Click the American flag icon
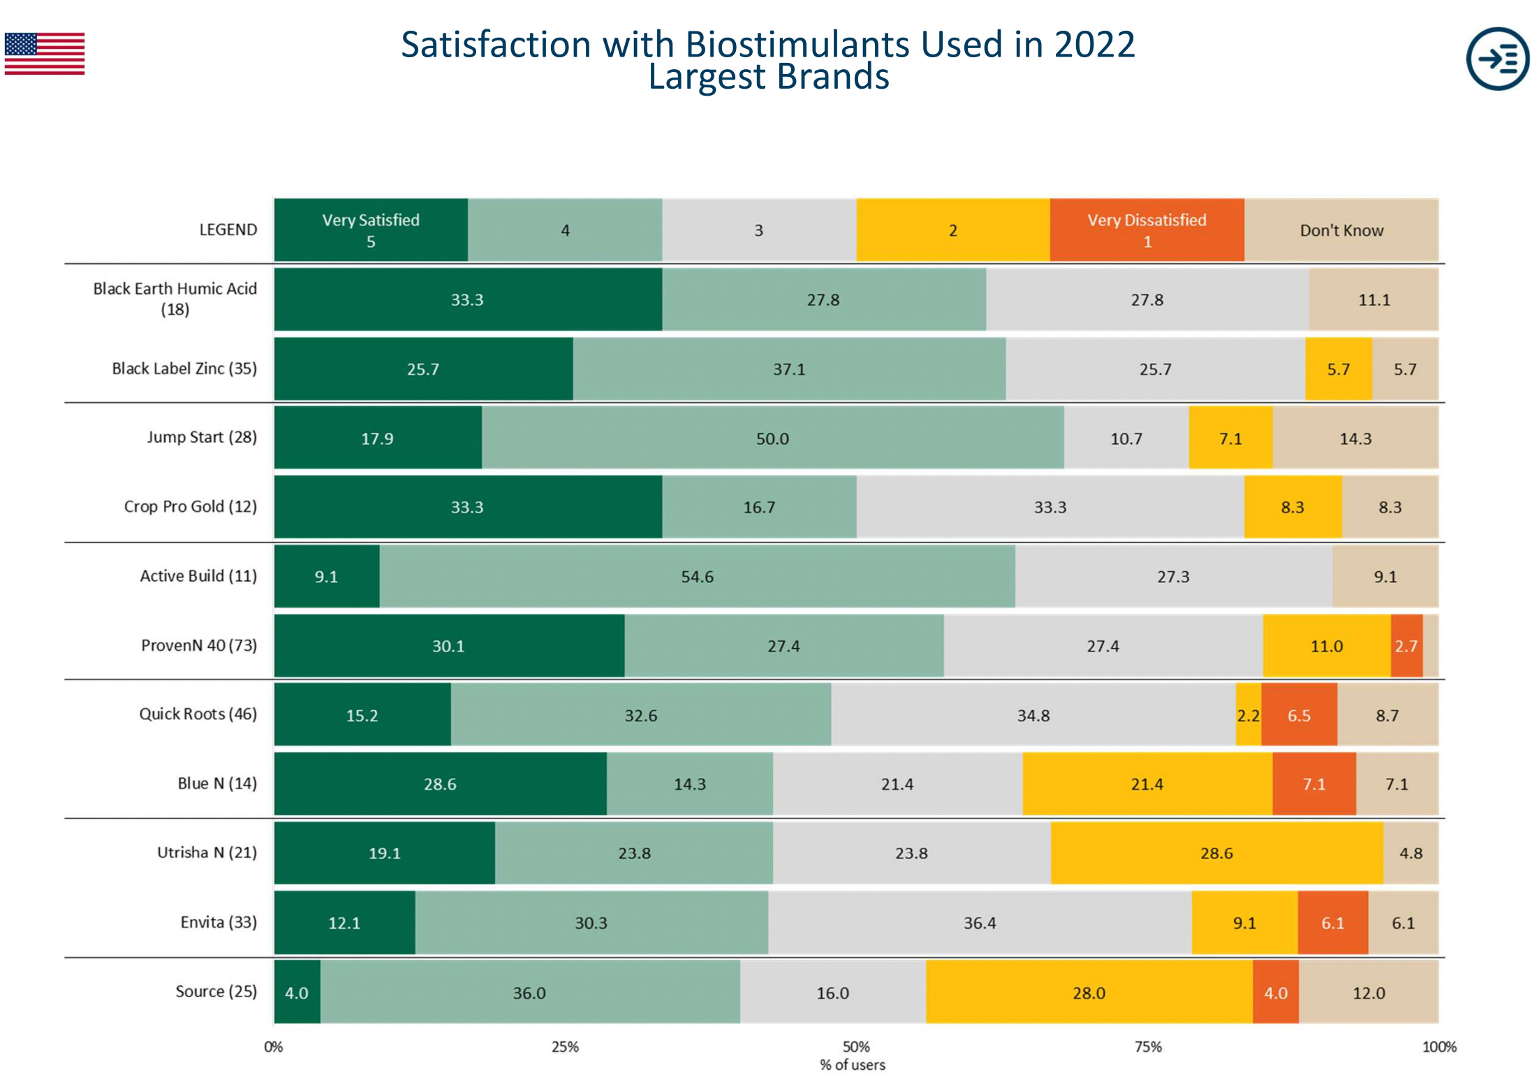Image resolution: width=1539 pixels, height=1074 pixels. click(45, 54)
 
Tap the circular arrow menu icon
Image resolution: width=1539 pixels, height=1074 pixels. click(1497, 59)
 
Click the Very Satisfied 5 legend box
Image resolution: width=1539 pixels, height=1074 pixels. click(371, 230)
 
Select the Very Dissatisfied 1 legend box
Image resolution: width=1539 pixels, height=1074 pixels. click(1147, 230)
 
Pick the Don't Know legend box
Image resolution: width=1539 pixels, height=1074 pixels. click(1341, 230)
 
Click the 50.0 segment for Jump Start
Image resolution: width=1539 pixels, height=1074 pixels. click(772, 439)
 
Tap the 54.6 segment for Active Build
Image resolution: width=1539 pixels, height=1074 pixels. click(697, 577)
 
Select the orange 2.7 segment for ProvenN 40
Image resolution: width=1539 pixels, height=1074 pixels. click(1406, 646)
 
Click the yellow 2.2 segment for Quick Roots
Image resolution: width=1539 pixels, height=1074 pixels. click(1248, 715)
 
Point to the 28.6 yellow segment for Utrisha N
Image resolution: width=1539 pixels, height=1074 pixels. click(1216, 853)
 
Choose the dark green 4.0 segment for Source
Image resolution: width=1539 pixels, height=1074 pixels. click(297, 992)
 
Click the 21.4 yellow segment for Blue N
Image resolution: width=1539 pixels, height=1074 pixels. click(1147, 784)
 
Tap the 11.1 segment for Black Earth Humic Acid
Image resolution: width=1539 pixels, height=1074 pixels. click(1374, 300)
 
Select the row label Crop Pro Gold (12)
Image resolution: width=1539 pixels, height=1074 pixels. click(190, 506)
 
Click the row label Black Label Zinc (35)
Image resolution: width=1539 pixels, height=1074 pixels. click(184, 368)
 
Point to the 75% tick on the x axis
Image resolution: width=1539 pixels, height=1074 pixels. click(1148, 1046)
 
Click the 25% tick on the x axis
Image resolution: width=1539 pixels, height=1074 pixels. click(565, 1046)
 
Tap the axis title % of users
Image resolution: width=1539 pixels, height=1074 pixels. click(852, 1065)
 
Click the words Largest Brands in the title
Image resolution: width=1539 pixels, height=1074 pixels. click(768, 77)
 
